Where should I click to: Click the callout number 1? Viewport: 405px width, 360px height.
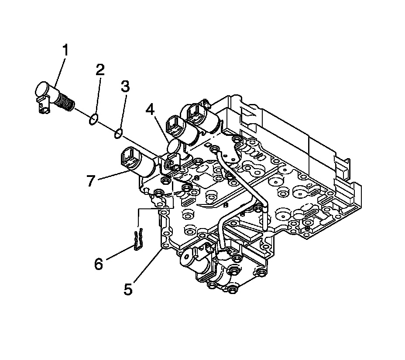pos(65,50)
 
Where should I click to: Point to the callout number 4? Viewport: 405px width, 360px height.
pos(150,109)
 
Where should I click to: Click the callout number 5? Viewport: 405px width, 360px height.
pos(128,289)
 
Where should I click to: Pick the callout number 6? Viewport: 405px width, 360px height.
pos(99,263)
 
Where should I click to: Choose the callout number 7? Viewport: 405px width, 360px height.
pos(90,180)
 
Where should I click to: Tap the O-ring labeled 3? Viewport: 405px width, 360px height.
pos(118,134)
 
